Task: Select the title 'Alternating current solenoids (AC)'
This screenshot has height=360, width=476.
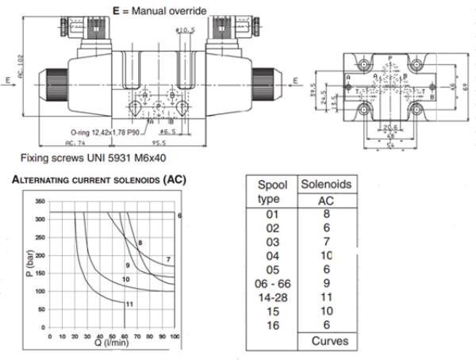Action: [x=98, y=181]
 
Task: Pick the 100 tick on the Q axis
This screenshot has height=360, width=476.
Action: [x=175, y=337]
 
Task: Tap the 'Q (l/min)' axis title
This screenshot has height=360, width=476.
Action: [x=113, y=344]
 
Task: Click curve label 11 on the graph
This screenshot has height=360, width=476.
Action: [x=130, y=304]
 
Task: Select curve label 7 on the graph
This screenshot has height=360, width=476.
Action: [x=169, y=259]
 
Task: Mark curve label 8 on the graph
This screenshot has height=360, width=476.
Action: [x=140, y=242]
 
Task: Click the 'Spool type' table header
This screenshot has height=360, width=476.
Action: [x=273, y=190]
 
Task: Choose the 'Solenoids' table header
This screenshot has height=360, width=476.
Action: [x=324, y=184]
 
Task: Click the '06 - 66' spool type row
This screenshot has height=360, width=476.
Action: [x=273, y=281]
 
